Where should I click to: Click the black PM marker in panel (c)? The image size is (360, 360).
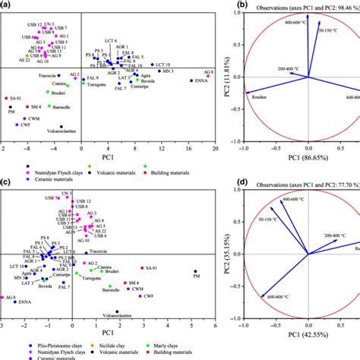pos(197,271)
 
